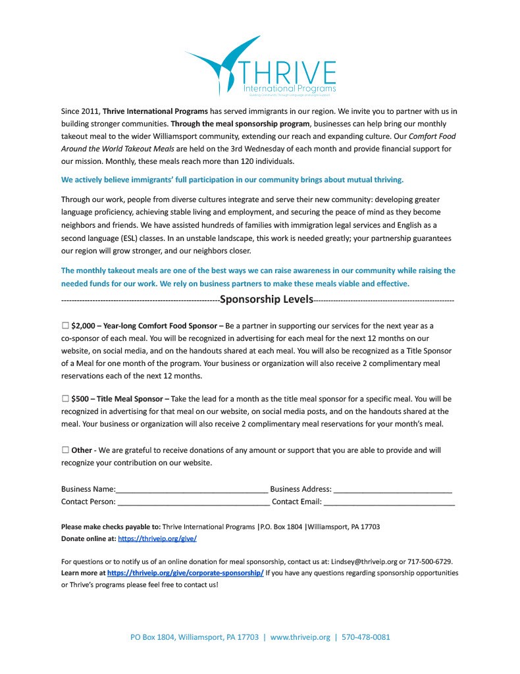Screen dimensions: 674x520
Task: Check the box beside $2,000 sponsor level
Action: click(65, 325)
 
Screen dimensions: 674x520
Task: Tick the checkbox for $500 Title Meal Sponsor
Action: click(65, 398)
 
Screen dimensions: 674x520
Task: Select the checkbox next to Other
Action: click(65, 450)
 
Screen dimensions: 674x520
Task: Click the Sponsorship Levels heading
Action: click(266, 299)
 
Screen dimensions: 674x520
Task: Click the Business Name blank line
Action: click(192, 490)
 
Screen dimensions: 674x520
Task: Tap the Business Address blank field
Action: click(392, 490)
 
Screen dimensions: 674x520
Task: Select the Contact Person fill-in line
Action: click(193, 502)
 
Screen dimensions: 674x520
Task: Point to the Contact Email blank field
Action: click(389, 502)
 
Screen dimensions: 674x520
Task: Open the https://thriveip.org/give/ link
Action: click(157, 538)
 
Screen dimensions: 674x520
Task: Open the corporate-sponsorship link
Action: click(185, 573)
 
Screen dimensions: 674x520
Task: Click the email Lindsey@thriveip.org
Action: click(363, 561)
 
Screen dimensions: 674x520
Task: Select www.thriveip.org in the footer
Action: click(300, 637)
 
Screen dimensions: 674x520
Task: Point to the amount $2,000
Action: click(84, 325)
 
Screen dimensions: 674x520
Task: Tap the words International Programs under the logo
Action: click(290, 88)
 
